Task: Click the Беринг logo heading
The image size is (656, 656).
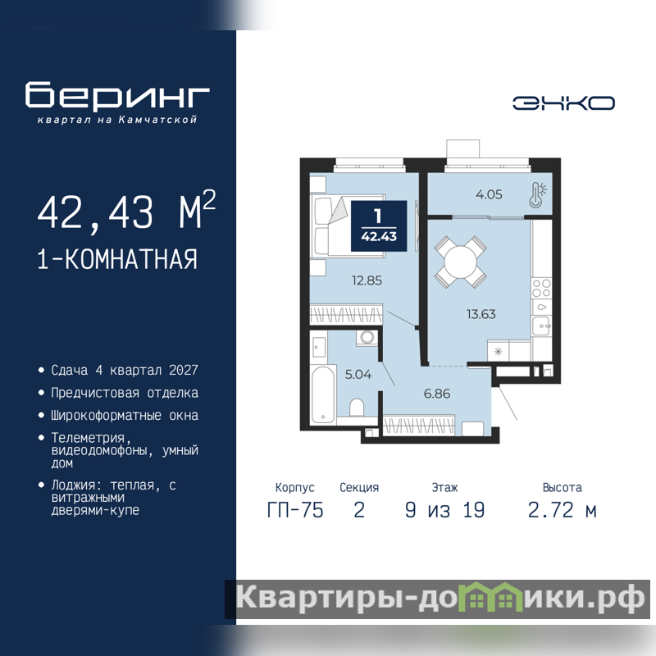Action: (x=117, y=95)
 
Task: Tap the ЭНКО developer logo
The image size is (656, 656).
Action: (x=563, y=103)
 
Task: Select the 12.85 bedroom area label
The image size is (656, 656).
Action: (x=367, y=280)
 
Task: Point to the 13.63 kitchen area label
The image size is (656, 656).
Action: (x=481, y=314)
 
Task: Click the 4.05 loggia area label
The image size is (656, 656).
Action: (x=489, y=194)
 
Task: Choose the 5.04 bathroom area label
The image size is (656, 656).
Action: (x=358, y=374)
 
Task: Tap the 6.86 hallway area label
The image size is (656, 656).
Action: (x=437, y=394)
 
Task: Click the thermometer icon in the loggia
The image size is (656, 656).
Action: (x=538, y=194)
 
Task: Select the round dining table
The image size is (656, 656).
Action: (x=460, y=262)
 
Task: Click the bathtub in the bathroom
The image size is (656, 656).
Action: (x=323, y=394)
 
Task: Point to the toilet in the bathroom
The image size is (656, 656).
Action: (x=357, y=408)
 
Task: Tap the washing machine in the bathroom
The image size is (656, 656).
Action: (x=367, y=337)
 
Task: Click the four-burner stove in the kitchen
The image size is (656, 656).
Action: (x=541, y=288)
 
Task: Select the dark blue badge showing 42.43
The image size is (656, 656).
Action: (x=379, y=226)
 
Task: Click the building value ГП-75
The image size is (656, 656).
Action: (x=295, y=510)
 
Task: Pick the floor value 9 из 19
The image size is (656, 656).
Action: (x=444, y=510)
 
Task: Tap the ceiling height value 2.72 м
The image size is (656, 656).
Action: (x=562, y=510)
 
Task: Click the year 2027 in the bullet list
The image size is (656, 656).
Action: (x=183, y=370)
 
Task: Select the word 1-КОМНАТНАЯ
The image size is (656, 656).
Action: (x=117, y=259)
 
